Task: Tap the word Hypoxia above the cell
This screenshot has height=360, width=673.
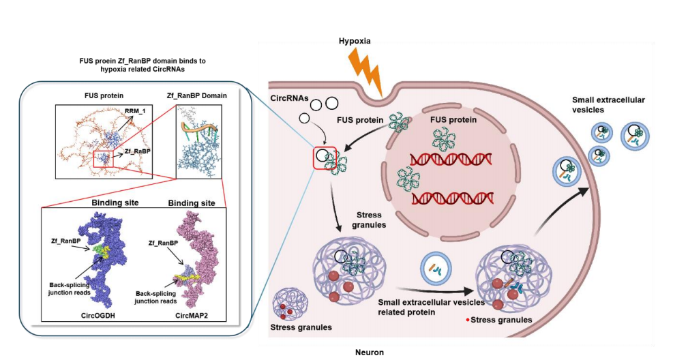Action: click(x=355, y=41)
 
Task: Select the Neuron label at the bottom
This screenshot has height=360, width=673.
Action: click(x=369, y=352)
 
